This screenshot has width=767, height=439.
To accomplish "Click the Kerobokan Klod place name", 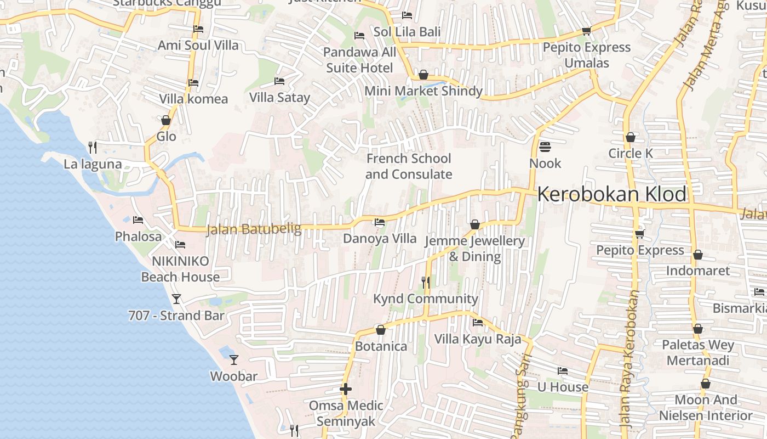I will coord(611,194).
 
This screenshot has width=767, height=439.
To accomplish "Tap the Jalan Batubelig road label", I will coord(254,229).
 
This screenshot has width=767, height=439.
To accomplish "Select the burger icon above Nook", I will coord(545,147).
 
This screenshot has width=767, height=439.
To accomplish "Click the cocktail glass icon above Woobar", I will coord(234,360).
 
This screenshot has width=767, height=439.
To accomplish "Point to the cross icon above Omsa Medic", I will coord(345,389).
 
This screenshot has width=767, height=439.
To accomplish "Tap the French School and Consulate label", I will coord(409,166).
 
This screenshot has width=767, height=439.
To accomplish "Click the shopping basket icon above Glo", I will coord(166,120).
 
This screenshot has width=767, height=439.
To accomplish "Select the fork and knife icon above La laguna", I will coord(93,147).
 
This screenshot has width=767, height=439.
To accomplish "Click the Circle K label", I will coord(631,153).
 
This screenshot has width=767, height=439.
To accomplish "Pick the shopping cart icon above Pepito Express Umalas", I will coord(586,31).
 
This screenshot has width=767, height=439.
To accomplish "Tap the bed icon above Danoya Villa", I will coord(379,222).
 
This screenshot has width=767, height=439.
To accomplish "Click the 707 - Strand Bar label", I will coord(176,316).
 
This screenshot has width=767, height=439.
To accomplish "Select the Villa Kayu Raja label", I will coord(478,339).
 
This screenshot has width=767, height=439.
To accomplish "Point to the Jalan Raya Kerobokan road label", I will coord(630,359).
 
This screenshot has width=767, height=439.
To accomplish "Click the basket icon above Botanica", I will coord(381,330).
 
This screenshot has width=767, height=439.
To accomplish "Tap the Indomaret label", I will coord(697,271).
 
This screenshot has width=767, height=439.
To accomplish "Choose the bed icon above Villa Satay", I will coord(279,81).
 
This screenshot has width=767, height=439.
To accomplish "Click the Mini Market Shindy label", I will coord(423,91).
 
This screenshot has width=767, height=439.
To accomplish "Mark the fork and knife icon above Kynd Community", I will coord(425,283).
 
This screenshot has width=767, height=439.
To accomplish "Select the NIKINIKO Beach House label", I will coord(180,269).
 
